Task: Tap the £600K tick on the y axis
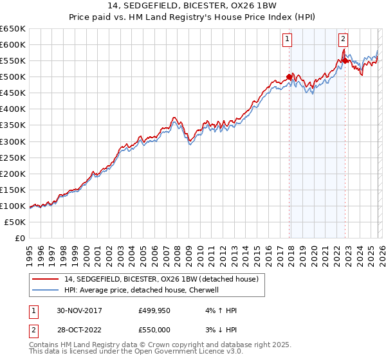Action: tap(13, 44)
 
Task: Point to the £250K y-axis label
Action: tap(13, 157)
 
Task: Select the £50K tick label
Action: tap(15, 222)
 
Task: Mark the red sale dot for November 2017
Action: tap(289, 76)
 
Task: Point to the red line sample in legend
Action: tap(47, 279)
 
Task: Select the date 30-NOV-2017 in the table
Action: tap(79, 310)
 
